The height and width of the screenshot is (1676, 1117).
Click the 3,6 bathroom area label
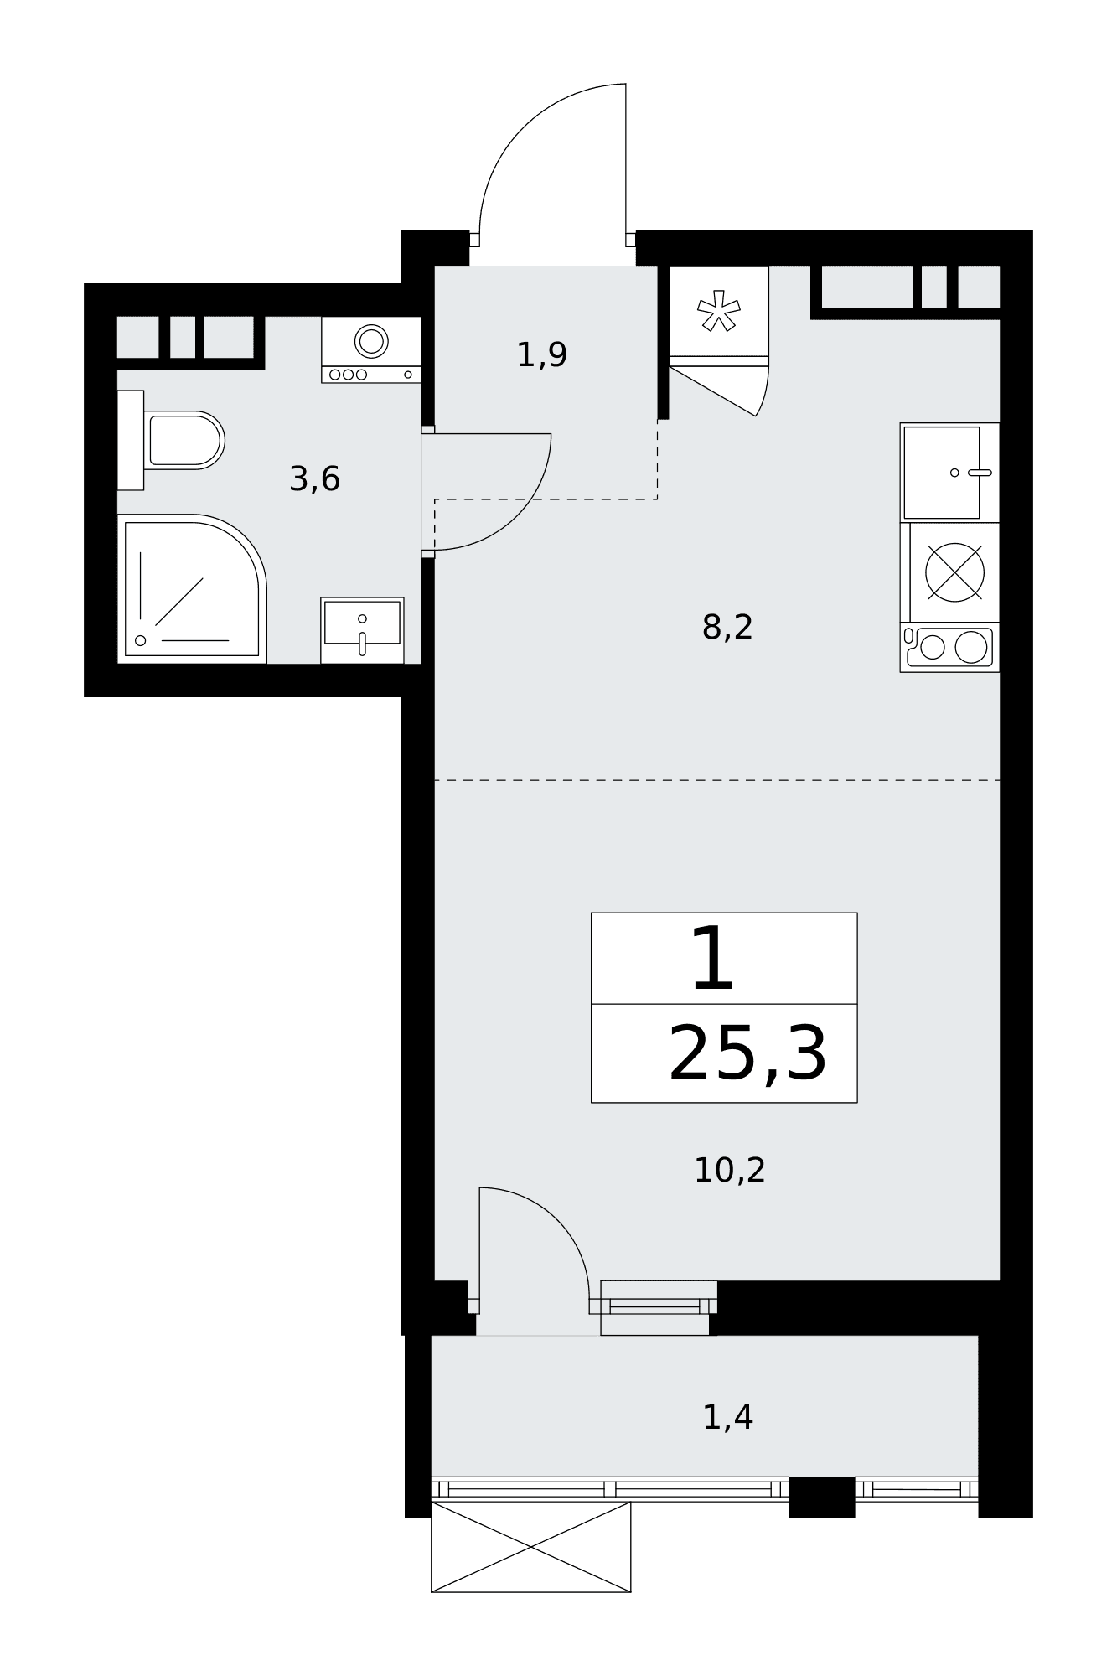tap(314, 480)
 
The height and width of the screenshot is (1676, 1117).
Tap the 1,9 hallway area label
tap(541, 355)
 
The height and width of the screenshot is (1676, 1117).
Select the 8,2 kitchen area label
tap(727, 627)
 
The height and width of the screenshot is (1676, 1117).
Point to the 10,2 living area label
tap(729, 1170)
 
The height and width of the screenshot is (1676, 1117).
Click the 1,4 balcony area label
tap(727, 1418)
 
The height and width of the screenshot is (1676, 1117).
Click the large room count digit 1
tap(713, 958)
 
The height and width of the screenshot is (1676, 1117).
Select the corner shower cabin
tap(192, 589)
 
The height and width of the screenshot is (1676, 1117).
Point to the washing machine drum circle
tap(371, 341)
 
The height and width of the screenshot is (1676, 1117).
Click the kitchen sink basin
tap(942, 473)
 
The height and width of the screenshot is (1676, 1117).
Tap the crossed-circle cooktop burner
tap(954, 572)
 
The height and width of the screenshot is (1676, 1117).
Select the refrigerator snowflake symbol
tap(719, 311)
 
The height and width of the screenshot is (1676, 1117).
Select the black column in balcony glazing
tap(822, 1498)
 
